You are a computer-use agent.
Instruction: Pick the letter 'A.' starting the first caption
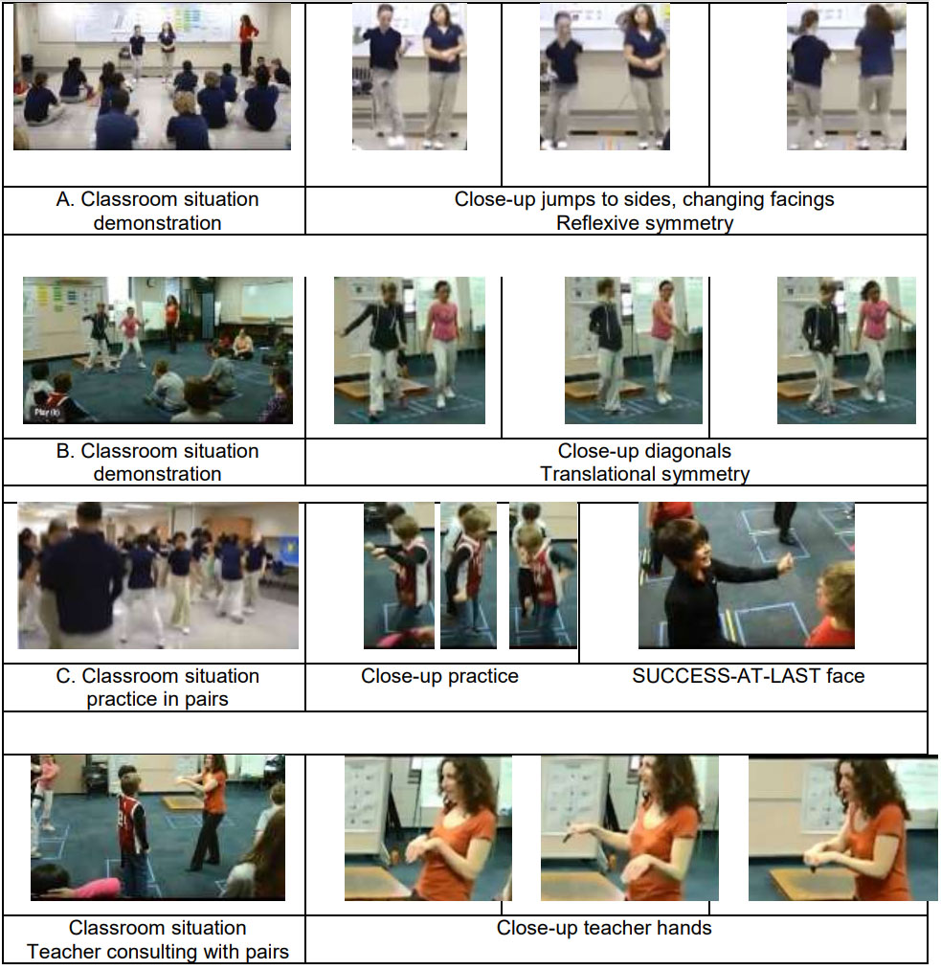65,199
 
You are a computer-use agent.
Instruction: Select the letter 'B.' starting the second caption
65,451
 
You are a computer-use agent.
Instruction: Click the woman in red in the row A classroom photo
247,45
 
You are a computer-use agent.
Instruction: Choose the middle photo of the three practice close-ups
469,575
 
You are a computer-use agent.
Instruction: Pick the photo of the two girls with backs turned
846,77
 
